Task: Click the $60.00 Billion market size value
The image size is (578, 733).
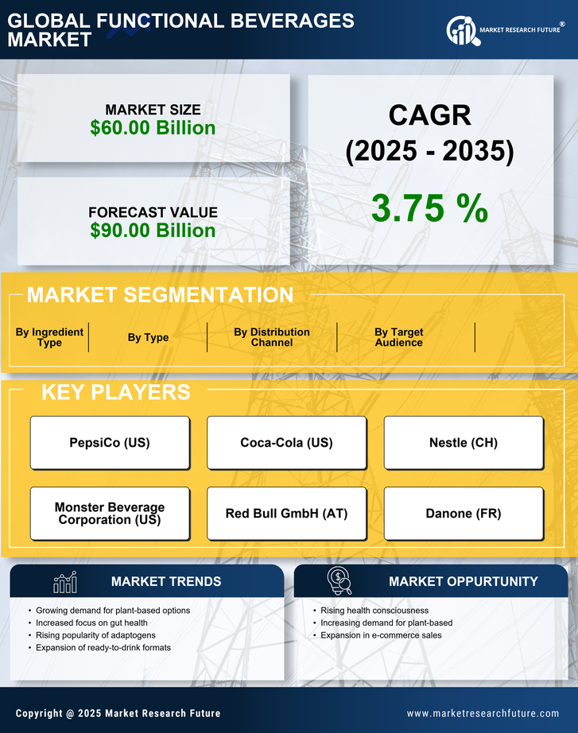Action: coord(153,128)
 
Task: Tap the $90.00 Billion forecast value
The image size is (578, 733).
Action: coord(153,231)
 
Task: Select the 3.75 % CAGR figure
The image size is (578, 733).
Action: coord(429,208)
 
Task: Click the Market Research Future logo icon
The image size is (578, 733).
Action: coord(461,31)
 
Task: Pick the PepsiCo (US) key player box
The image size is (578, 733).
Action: coord(110,443)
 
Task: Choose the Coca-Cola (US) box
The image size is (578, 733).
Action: coord(286,443)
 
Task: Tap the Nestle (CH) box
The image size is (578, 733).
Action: coord(464,443)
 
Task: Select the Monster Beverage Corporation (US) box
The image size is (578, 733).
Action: coord(110,514)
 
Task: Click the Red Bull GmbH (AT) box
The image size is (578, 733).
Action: coord(286,514)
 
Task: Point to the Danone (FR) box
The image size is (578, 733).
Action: coord(464,514)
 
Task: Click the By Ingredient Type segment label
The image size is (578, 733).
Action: coord(49,337)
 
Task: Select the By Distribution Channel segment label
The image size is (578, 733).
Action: coord(272,337)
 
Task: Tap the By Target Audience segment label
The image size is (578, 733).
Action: coord(399,337)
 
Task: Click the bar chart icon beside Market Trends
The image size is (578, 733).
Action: coord(64,582)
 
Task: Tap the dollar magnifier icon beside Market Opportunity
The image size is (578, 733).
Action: coord(339,581)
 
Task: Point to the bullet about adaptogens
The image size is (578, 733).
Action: coord(95,635)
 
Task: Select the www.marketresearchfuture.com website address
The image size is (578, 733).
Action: coord(483,713)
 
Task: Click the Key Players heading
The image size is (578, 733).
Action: coord(115,392)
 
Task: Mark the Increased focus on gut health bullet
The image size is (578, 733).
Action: coord(91,622)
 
